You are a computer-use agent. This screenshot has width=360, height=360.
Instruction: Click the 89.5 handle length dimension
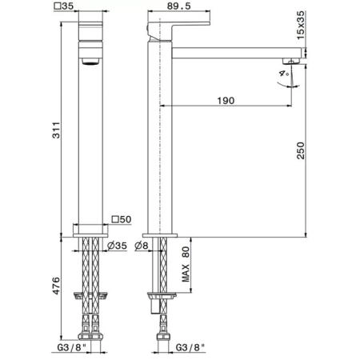coord(179,6)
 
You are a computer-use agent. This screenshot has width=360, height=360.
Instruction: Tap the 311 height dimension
coord(56,130)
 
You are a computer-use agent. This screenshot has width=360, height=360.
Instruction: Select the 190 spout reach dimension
coord(226,101)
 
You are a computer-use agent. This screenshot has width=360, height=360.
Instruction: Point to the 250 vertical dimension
coord(301,150)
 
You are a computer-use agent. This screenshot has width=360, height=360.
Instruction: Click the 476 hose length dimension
coord(56,286)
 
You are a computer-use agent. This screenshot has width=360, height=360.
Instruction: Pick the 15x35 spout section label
coord(301,25)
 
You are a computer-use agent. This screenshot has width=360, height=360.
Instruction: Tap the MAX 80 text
coord(186,264)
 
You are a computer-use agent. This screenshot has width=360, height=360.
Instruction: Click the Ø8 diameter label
coord(142,246)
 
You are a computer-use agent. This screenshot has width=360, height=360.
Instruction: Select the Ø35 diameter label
coord(118,246)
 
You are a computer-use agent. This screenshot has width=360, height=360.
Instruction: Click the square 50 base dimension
coord(122,219)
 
